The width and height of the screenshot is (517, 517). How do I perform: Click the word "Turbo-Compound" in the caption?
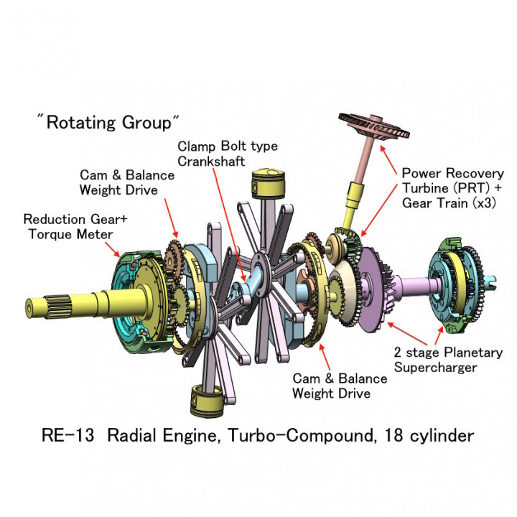[315, 435]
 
